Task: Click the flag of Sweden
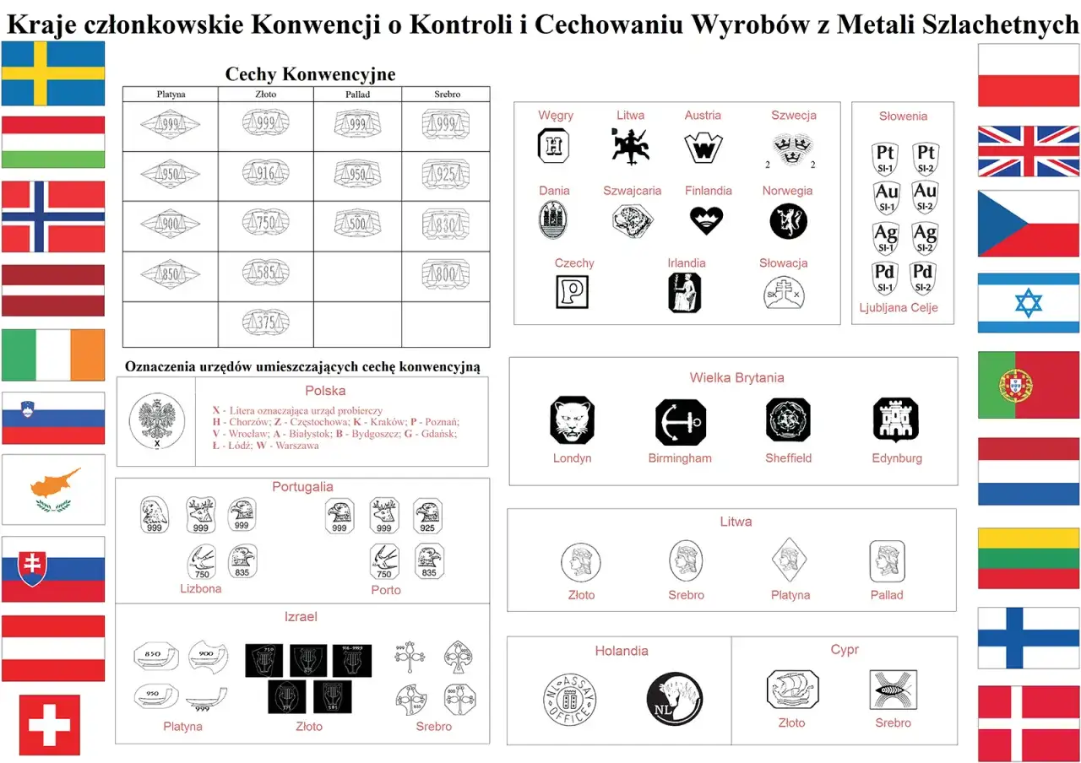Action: tap(53, 73)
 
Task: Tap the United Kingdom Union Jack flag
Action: tap(1028, 151)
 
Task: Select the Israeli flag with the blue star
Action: tap(1028, 303)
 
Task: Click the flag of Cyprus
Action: tap(53, 490)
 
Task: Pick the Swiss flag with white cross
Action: tap(50, 725)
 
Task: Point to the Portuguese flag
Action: tap(1028, 385)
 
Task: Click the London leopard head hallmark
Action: tap(572, 420)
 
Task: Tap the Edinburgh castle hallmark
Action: tap(896, 419)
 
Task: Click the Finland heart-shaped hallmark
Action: tap(707, 220)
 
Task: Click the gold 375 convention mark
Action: tap(266, 322)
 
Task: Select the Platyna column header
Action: tap(171, 95)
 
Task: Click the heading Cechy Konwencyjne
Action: tap(310, 74)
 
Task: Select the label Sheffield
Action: tap(788, 458)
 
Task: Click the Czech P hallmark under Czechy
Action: tap(573, 292)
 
